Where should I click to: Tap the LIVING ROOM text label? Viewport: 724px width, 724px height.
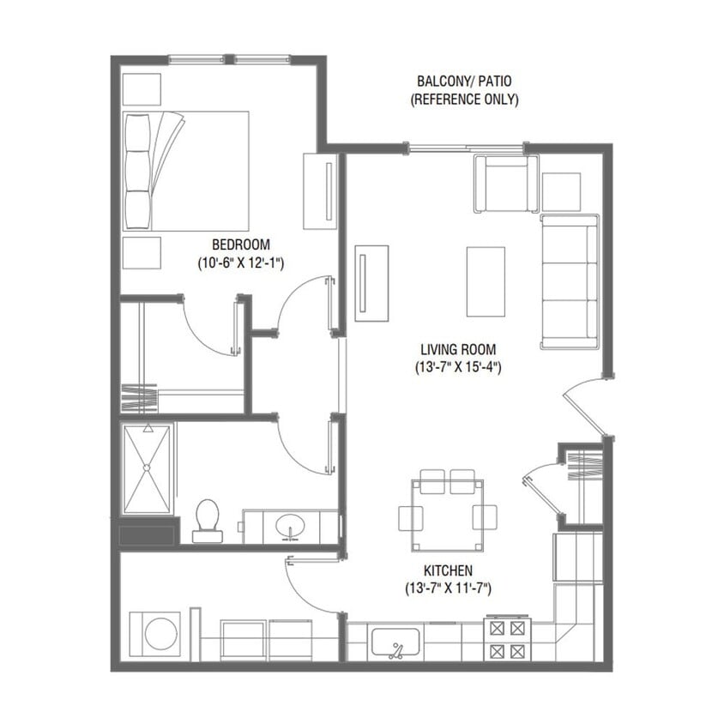pos(458,349)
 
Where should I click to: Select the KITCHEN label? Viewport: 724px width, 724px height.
pos(448,570)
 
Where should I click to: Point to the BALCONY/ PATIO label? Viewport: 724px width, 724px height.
pos(463,81)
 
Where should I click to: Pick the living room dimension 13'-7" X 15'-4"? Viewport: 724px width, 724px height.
pos(458,368)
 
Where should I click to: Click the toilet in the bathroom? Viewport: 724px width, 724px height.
pos(207,520)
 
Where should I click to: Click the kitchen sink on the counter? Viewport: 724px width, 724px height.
pos(395,643)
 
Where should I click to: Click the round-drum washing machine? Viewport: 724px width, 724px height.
pos(155,635)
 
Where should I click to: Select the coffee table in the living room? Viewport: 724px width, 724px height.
pos(486,281)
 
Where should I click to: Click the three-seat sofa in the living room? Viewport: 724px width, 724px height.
pos(569,281)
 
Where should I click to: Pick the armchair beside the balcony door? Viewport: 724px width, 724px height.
pos(506,184)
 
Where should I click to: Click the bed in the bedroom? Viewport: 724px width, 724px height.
pos(186,170)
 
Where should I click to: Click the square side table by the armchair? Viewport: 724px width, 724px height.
pos(561,192)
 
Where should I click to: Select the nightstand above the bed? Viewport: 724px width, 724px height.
pos(142,88)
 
